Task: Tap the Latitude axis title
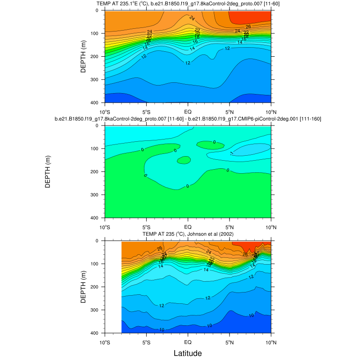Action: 188,353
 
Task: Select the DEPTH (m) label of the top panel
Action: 83,57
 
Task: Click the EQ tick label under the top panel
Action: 188,111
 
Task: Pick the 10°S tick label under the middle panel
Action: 105,226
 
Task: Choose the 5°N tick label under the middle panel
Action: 229,226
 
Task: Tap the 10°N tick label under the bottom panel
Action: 270,342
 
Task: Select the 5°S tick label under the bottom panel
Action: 146,342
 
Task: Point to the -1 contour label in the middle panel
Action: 232,153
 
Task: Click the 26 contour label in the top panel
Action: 248,27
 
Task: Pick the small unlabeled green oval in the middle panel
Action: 184,160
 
